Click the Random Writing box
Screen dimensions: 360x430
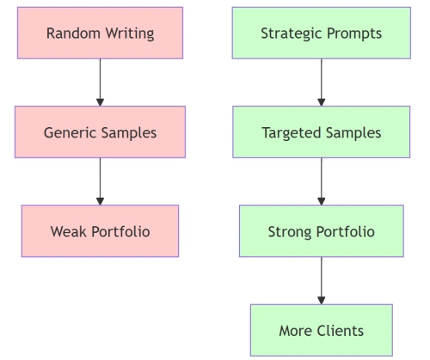pyautogui.click(x=100, y=34)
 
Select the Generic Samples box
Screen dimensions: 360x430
pyautogui.click(x=100, y=132)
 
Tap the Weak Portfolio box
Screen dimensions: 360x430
pyautogui.click(x=100, y=231)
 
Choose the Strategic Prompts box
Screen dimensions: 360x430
pyautogui.click(x=321, y=34)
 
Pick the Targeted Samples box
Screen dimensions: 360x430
pyautogui.click(x=321, y=132)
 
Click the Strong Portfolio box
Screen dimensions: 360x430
pyautogui.click(x=321, y=231)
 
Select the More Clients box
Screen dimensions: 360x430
pyautogui.click(x=321, y=330)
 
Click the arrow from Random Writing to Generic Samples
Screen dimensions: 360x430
pyautogui.click(x=100, y=82)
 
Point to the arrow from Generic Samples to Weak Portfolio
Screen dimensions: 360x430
pyautogui.click(x=100, y=181)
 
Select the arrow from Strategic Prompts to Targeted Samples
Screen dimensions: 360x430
pyautogui.click(x=321, y=82)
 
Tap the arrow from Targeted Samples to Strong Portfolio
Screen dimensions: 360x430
pyautogui.click(x=321, y=181)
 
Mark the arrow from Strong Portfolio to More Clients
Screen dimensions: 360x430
pyautogui.click(x=321, y=280)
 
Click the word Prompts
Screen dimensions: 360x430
pyautogui.click(x=353, y=34)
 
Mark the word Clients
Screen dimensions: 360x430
pyautogui.click(x=341, y=330)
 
